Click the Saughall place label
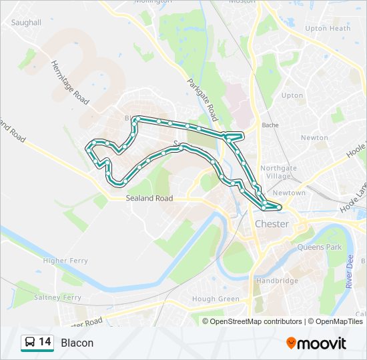point(26,22)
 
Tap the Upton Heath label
point(327,29)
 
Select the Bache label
point(270,125)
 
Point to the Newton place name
point(314,137)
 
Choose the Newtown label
point(289,193)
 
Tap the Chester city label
point(272,224)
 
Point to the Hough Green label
point(215,299)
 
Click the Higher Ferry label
point(65,261)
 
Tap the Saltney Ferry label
point(59,297)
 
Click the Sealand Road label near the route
point(149,199)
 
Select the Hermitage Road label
point(70,81)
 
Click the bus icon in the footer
point(29,343)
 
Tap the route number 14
point(45,342)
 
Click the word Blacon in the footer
point(77,343)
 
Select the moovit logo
point(316,343)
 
